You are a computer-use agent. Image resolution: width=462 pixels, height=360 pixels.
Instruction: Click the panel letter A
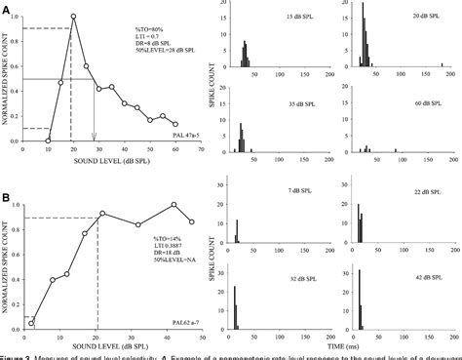tap(7, 8)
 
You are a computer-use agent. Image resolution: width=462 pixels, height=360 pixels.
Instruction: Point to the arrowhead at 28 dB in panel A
tap(95, 138)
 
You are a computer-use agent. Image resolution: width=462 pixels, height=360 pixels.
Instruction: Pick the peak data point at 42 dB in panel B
tap(173, 205)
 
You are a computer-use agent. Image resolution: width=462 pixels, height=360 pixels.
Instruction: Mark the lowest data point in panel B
tap(31, 321)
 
